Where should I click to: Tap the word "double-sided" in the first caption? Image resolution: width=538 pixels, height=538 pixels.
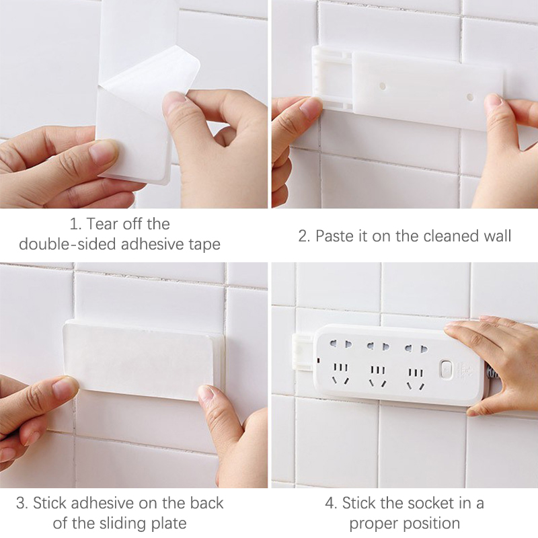68,244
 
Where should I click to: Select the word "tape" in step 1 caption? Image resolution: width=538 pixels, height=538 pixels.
204,245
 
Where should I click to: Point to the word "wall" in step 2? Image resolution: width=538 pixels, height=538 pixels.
498,236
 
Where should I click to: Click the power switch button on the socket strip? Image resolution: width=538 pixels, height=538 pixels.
445,369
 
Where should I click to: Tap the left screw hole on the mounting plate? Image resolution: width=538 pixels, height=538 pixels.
383,86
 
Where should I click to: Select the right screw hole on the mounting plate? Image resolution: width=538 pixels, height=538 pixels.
470,97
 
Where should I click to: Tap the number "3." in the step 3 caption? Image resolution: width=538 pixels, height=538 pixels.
22,503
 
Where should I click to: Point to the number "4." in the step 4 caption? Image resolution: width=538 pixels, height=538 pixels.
331,503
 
